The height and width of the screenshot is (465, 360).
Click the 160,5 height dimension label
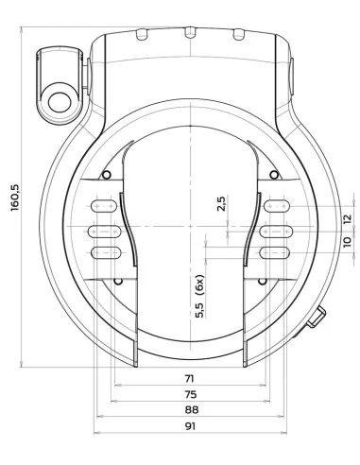coord(12,199)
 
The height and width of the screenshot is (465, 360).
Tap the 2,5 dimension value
coord(221,205)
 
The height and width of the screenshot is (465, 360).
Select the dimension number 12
coord(347,218)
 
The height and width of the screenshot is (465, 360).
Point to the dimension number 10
coord(347,242)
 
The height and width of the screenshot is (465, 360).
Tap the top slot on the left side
coord(105,206)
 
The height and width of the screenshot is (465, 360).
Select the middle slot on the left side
coord(105,229)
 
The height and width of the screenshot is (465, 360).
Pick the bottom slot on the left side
coord(105,251)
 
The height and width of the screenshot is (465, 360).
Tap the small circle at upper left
coord(106,176)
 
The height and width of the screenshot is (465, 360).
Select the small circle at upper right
coord(274,176)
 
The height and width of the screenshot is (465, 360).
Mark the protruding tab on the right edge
coord(317,320)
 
